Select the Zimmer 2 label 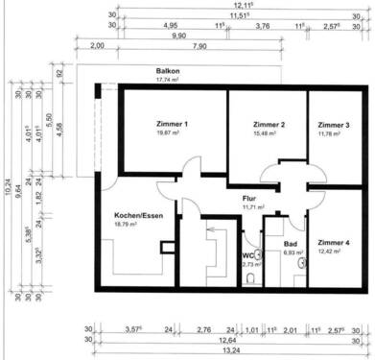270,125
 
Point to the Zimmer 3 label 334,125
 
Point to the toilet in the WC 251,279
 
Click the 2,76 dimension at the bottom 202,328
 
